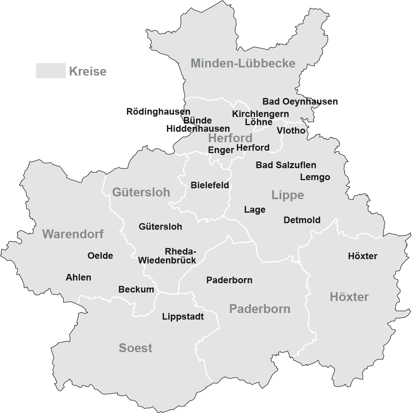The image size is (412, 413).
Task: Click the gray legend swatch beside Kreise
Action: (51, 71)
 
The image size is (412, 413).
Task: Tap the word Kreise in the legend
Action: (88, 72)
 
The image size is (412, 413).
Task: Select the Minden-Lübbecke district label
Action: (243, 63)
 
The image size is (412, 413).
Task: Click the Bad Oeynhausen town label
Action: (300, 102)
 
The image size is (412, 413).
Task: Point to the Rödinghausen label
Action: (158, 112)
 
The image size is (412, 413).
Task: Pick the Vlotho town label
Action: (291, 131)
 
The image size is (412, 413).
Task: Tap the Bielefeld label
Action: (210, 185)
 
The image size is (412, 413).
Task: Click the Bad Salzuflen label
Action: (286, 165)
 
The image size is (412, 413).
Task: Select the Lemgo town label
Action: (315, 177)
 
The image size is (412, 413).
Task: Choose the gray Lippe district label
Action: (287, 195)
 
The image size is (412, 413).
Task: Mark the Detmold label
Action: (302, 220)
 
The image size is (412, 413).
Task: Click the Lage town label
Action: (255, 210)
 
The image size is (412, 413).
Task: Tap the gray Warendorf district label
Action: (73, 234)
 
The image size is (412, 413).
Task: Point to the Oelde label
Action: (100, 256)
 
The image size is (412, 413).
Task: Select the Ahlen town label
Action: (79, 277)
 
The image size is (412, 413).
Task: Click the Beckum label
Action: (136, 289)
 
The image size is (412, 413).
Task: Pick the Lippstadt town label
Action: (183, 317)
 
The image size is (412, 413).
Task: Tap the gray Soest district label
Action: (135, 348)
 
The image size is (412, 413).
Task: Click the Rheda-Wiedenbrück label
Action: (167, 256)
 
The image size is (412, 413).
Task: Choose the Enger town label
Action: (221, 150)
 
